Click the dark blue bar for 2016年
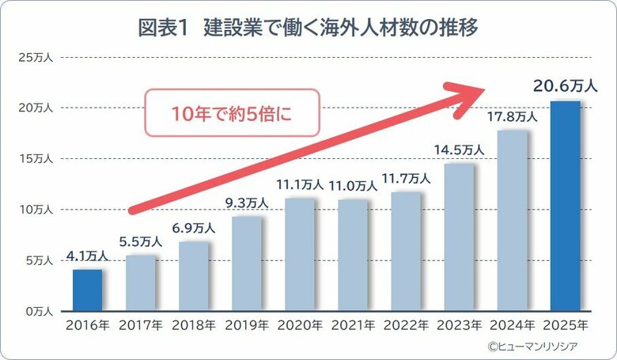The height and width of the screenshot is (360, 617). (x=88, y=290)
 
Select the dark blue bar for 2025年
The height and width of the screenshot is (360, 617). (x=566, y=207)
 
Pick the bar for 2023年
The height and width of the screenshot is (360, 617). (x=460, y=237)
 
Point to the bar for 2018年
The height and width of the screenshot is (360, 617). (x=194, y=276)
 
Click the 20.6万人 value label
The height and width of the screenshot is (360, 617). (x=565, y=85)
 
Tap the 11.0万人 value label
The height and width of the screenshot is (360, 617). (x=353, y=185)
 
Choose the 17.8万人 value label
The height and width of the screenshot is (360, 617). (x=512, y=116)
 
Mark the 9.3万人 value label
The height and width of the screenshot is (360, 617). (x=247, y=203)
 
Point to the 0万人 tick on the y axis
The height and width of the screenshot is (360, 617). (x=38, y=312)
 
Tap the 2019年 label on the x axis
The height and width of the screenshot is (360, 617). (x=247, y=325)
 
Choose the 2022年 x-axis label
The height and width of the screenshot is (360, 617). (x=406, y=325)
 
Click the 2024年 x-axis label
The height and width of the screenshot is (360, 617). (x=512, y=325)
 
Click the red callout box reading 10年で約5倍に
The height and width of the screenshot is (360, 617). (x=232, y=113)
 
